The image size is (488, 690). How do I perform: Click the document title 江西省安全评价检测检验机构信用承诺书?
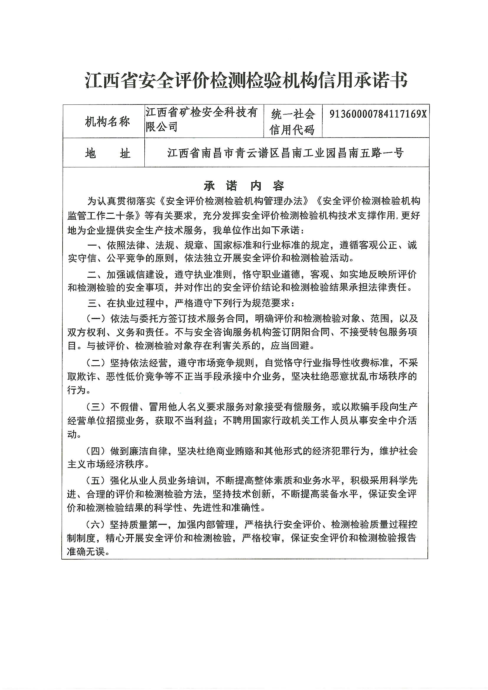tap(246, 80)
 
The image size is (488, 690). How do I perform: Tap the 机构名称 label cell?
tap(107, 122)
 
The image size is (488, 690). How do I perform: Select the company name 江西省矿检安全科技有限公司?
tap(202, 119)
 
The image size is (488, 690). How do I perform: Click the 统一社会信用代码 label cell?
tap(292, 122)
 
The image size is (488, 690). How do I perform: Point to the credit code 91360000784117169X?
tap(378, 114)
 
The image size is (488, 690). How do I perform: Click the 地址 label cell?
tap(107, 153)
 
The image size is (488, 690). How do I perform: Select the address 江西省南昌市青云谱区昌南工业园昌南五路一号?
tap(285, 153)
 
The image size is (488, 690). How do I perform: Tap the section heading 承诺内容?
tap(244, 186)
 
